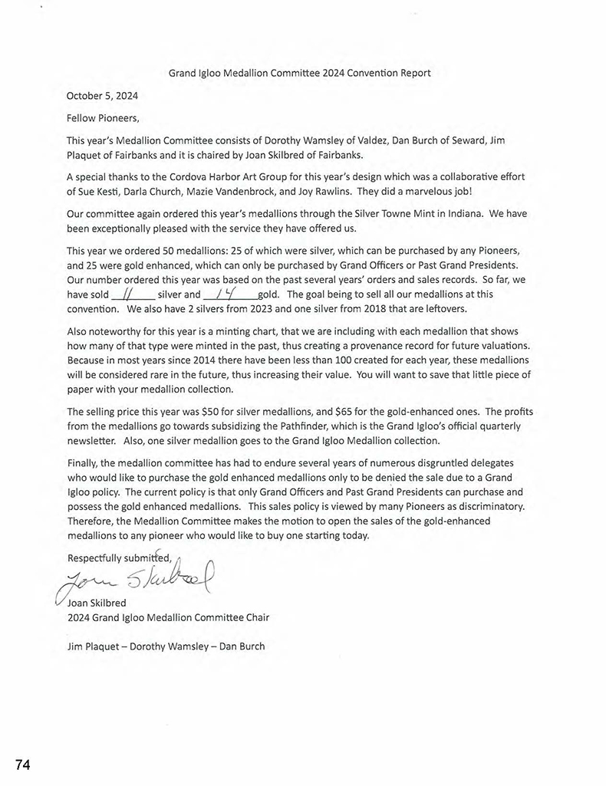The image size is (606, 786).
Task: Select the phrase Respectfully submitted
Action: point(119,557)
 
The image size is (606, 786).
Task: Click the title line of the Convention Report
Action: point(299,74)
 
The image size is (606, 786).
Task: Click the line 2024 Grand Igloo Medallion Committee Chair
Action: point(168,617)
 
